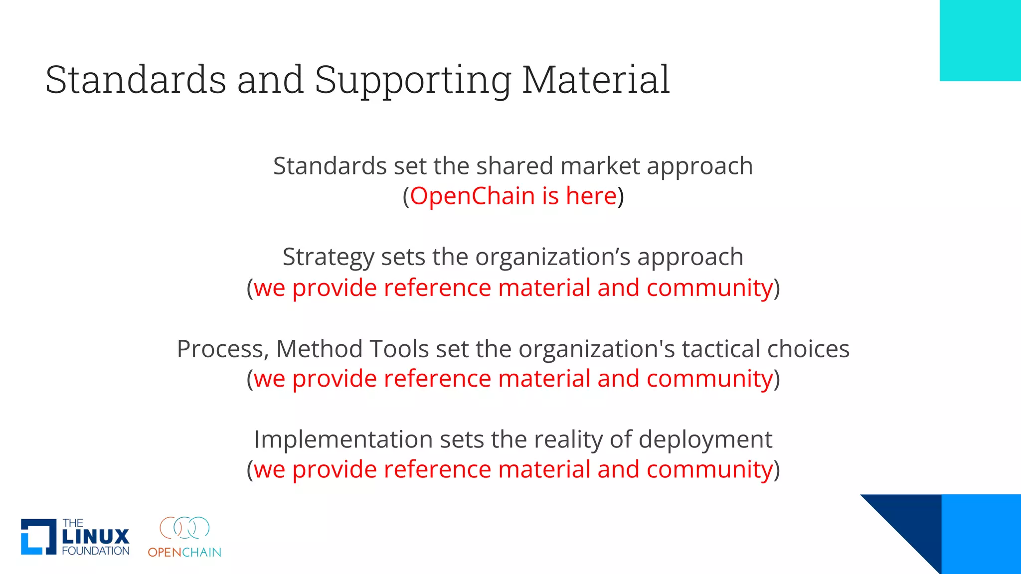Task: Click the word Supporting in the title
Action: click(x=413, y=81)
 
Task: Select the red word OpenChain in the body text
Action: click(x=471, y=196)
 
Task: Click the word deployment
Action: click(x=705, y=440)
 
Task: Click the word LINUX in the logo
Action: click(x=96, y=537)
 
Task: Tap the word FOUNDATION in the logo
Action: click(x=96, y=551)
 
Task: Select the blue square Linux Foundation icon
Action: click(x=38, y=537)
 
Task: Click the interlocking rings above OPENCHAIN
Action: click(x=184, y=528)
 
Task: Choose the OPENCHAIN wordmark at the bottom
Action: click(x=184, y=552)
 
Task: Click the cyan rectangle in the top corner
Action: click(x=980, y=40)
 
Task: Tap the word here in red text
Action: click(x=591, y=196)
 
